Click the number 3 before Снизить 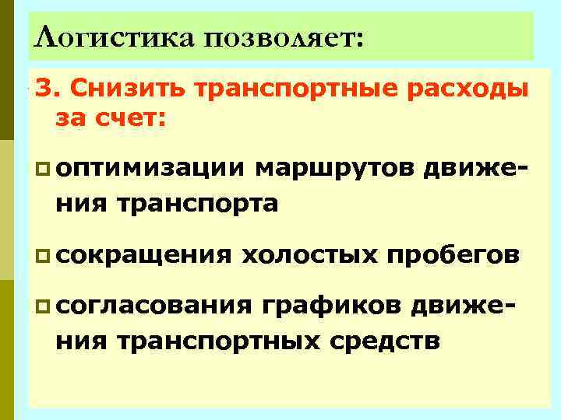click(41, 90)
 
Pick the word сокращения click(142, 254)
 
